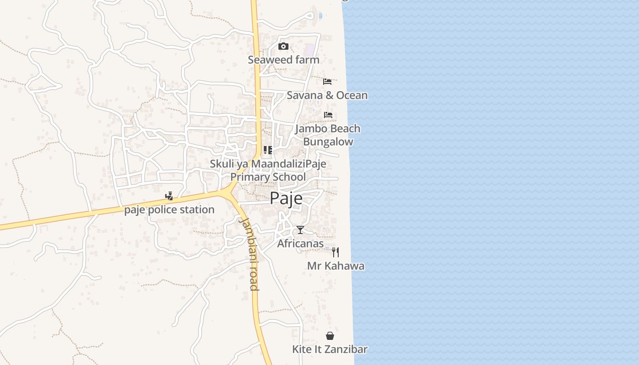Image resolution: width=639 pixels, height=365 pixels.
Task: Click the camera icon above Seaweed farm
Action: (283, 46)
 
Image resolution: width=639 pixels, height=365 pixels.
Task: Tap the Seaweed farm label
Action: (283, 60)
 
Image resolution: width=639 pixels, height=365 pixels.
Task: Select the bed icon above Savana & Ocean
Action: (327, 81)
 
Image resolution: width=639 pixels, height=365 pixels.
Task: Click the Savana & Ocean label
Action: (327, 95)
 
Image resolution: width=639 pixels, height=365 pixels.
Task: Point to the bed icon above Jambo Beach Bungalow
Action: (328, 115)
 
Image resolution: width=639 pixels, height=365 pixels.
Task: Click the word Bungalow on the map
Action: (328, 142)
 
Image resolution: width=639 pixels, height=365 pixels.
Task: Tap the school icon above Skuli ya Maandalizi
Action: (268, 150)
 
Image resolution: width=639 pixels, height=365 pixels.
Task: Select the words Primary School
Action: (268, 177)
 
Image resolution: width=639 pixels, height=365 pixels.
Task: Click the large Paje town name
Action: (286, 199)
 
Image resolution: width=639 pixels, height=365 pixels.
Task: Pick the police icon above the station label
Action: (169, 196)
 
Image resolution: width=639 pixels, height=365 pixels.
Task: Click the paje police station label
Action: (169, 210)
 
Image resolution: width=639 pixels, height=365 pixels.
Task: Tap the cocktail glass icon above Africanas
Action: (300, 229)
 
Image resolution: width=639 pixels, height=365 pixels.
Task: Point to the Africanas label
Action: (300, 244)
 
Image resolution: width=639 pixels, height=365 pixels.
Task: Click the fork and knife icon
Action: (335, 252)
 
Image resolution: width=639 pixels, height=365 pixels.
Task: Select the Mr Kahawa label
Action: (335, 266)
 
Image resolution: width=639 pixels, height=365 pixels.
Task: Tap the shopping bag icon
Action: (330, 336)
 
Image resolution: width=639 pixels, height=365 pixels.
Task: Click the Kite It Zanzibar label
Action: (330, 349)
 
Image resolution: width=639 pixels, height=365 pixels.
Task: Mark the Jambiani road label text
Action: (250, 254)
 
